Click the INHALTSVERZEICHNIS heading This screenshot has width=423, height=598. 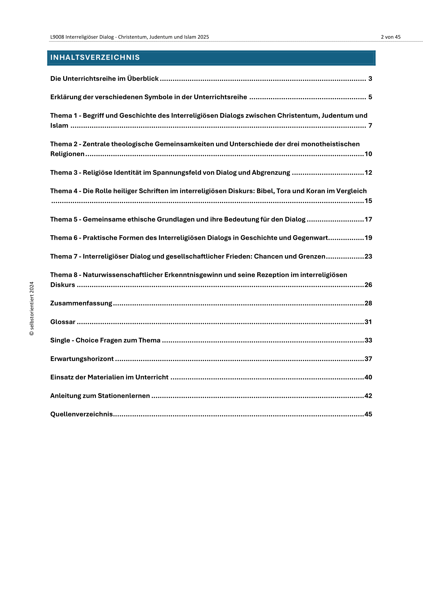[95, 57]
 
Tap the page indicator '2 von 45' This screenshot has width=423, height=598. [391, 37]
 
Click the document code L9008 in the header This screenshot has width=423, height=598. [57, 37]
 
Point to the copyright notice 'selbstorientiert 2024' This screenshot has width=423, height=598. [32, 308]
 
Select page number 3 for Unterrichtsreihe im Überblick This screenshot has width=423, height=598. [370, 79]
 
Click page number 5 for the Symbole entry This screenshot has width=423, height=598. [370, 97]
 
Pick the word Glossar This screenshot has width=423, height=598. [63, 322]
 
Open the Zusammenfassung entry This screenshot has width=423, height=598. [81, 303]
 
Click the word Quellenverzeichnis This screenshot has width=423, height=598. [82, 414]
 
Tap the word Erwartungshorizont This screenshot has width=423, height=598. [82, 359]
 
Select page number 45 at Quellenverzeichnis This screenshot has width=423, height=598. [368, 414]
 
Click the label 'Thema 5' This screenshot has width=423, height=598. [64, 219]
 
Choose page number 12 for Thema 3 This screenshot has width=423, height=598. [368, 173]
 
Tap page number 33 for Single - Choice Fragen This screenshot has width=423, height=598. [368, 340]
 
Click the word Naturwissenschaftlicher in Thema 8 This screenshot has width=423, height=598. [123, 275]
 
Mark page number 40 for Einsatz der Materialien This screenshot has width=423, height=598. [368, 377]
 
